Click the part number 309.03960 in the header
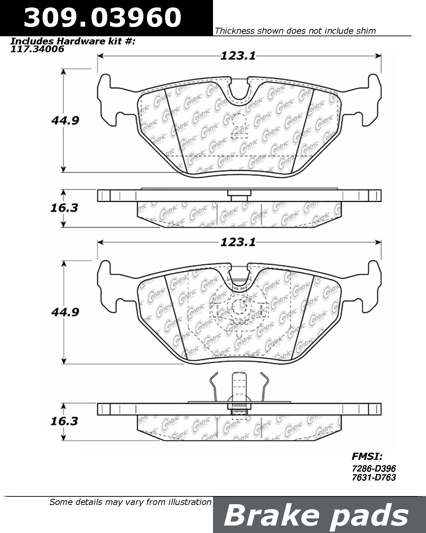click(103, 17)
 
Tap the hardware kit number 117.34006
click(37, 49)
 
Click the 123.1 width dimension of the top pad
click(238, 56)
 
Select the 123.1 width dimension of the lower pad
click(238, 242)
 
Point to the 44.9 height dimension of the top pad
click(65, 120)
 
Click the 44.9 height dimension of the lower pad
click(65, 312)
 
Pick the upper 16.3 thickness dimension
click(64, 208)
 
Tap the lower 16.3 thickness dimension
click(64, 421)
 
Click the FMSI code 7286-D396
click(374, 468)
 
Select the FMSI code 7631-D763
click(374, 477)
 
